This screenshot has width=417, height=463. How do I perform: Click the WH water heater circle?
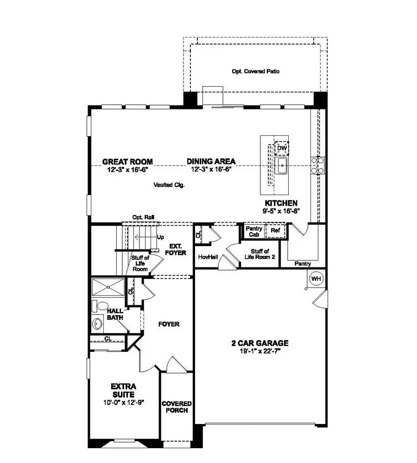click(x=316, y=279)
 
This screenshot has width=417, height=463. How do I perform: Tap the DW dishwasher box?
click(x=281, y=148)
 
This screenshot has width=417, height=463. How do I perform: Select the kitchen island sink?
click(x=281, y=165)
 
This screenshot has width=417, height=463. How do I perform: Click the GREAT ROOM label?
click(x=127, y=162)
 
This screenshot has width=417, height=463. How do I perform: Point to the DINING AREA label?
click(x=211, y=162)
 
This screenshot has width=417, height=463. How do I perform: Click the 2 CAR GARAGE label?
click(x=260, y=343)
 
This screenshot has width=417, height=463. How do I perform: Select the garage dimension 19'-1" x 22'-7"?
click(x=260, y=351)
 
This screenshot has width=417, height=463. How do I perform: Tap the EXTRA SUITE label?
click(x=124, y=390)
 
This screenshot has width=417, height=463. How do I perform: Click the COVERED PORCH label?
click(x=177, y=407)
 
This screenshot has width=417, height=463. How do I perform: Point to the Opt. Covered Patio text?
click(x=255, y=71)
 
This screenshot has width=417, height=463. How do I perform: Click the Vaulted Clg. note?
click(x=169, y=184)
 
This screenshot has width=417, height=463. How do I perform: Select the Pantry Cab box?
click(x=254, y=231)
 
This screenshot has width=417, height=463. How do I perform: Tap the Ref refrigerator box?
click(x=275, y=230)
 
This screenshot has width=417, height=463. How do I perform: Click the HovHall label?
click(x=205, y=256)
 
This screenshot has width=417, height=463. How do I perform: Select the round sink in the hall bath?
click(x=98, y=323)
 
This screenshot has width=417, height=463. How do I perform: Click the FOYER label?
click(x=169, y=324)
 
